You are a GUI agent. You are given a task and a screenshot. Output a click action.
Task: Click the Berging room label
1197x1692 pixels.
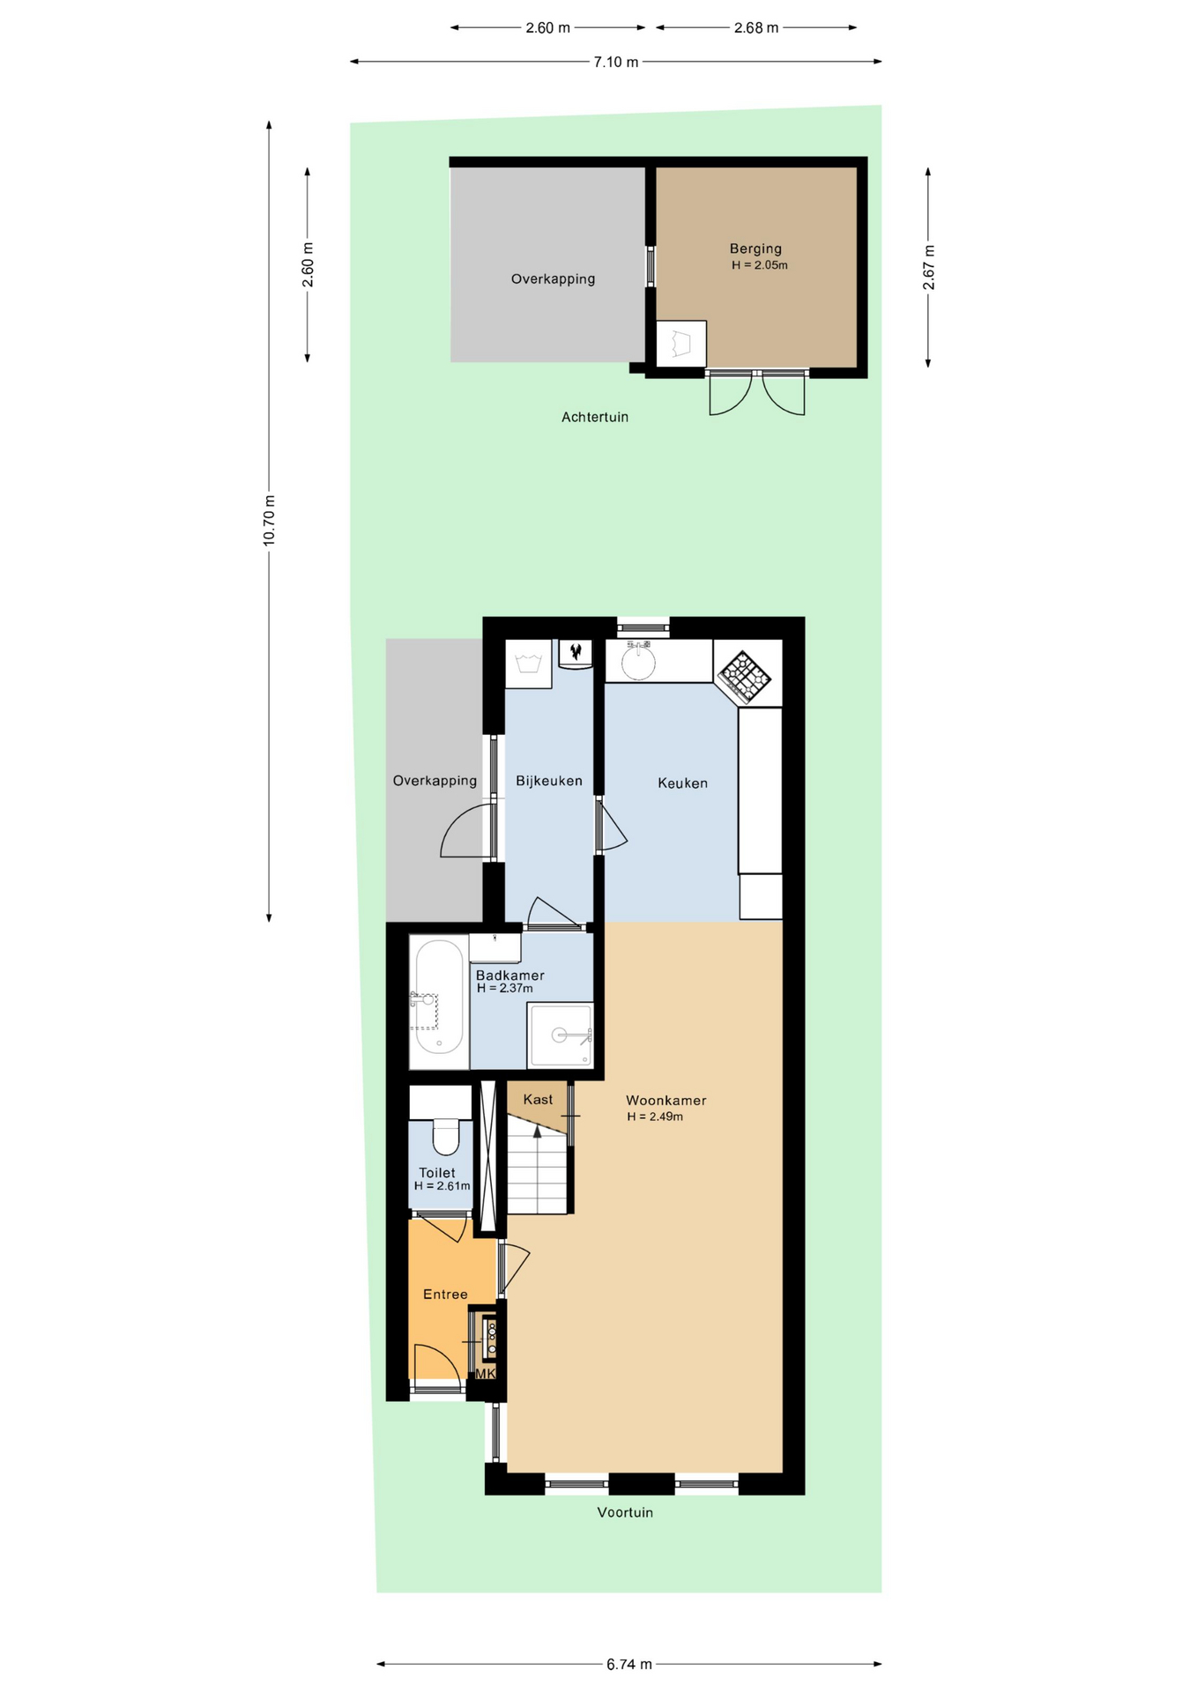click(755, 249)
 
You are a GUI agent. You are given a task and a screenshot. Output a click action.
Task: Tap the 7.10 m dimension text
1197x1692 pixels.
click(616, 62)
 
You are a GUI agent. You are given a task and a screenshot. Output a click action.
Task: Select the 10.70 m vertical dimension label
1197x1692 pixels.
click(270, 520)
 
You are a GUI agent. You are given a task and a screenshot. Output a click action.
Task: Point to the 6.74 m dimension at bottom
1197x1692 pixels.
click(629, 1664)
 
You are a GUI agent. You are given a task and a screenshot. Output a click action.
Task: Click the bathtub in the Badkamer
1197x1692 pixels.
click(439, 997)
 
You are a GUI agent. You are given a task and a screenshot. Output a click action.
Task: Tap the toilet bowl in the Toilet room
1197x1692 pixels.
click(446, 1136)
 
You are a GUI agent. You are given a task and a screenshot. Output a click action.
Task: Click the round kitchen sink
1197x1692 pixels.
click(638, 662)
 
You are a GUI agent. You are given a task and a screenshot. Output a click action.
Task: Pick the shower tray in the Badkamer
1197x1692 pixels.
click(560, 1035)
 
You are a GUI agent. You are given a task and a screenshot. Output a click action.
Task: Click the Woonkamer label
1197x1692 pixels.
click(666, 1100)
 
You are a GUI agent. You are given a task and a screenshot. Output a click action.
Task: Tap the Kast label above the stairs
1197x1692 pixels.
click(538, 1099)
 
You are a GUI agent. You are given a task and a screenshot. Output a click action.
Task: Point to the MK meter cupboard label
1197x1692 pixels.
click(486, 1373)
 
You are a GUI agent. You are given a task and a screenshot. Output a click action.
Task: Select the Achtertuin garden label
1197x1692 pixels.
click(595, 417)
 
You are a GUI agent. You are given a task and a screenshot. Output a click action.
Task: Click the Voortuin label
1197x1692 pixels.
click(625, 1512)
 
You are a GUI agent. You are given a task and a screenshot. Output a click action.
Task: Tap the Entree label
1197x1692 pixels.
click(445, 1294)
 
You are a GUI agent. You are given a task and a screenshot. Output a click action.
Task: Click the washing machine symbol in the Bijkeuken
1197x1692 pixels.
click(528, 664)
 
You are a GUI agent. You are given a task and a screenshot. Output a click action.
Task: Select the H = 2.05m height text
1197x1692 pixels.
click(760, 265)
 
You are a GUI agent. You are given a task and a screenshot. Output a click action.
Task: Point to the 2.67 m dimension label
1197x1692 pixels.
click(928, 267)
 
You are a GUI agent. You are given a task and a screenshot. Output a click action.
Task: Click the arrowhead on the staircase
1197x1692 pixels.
click(537, 1132)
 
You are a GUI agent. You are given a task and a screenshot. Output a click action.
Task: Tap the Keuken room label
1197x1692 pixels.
click(682, 783)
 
